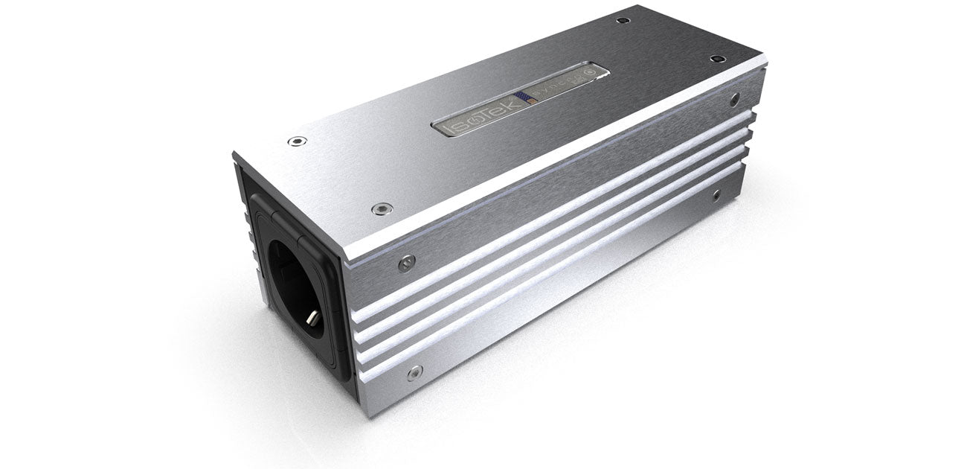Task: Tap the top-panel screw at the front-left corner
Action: point(297,141)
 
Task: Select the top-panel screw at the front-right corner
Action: point(382,209)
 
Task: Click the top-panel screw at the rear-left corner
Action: point(623,20)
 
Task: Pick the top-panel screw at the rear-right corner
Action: point(716,59)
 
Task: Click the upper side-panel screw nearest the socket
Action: point(406,263)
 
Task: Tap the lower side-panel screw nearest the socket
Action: point(414,371)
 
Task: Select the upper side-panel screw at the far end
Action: point(734,98)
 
